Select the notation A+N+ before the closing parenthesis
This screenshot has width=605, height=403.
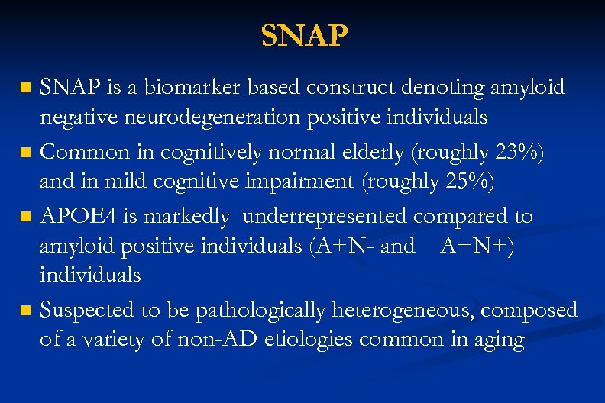click(474, 246)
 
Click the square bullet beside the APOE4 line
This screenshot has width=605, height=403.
click(27, 217)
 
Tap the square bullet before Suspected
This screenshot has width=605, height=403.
click(27, 311)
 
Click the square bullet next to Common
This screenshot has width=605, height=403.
click(27, 153)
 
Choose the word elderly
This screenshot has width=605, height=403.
click(371, 153)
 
